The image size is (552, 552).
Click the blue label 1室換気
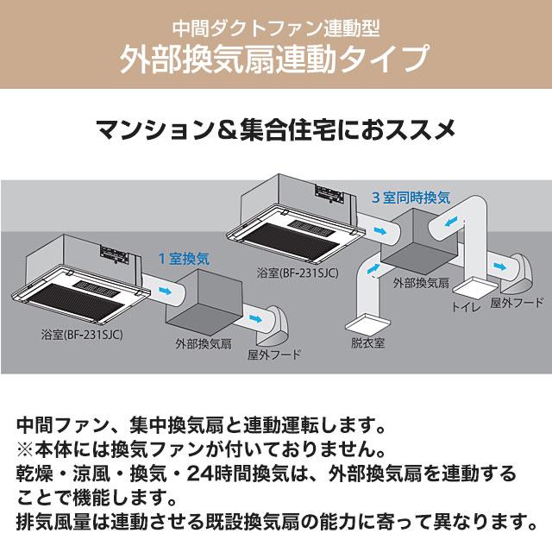point(183,257)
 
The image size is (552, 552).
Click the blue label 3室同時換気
point(411,198)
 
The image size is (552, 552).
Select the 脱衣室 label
point(367,342)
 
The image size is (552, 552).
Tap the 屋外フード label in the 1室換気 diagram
point(274,354)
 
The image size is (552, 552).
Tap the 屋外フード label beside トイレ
point(517,303)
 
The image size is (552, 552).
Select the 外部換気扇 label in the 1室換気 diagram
point(203,343)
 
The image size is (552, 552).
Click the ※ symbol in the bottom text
point(25,450)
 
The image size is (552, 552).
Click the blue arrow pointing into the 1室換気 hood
point(255,318)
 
